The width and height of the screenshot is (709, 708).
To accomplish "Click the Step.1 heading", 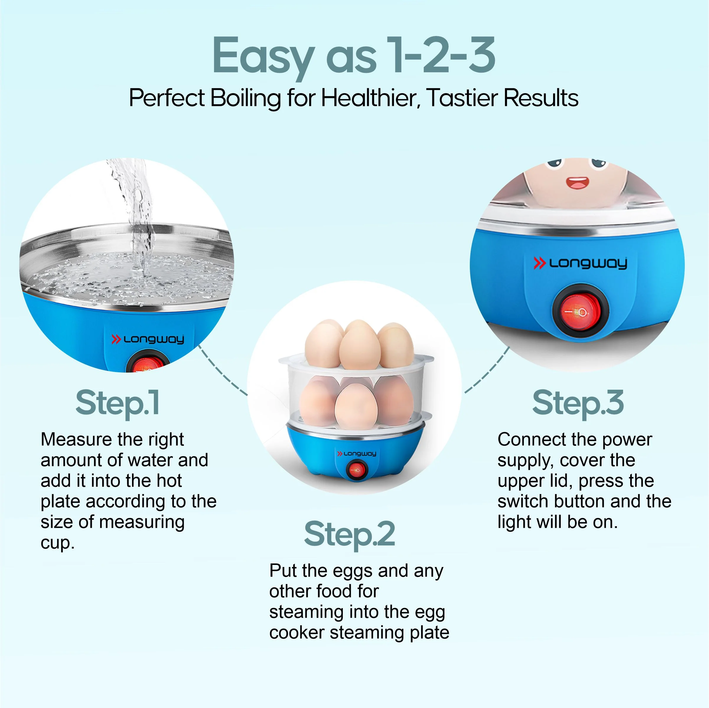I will pos(118,403).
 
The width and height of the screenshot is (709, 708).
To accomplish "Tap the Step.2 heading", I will pos(349,535).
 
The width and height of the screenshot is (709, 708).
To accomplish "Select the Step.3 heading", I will pos(578,403).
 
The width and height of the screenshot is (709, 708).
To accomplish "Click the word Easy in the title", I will pos(263,56).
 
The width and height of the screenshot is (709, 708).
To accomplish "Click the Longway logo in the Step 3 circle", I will pos(580,263).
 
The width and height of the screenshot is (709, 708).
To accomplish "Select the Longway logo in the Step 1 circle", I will pos(148,339).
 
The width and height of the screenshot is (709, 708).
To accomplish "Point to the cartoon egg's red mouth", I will pos(577,183).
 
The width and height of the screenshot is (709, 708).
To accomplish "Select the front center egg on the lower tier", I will pos(356,406).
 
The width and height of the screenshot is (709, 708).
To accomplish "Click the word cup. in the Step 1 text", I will pos(57,543).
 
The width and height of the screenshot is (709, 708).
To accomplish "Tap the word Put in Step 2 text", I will pos(283,571).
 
